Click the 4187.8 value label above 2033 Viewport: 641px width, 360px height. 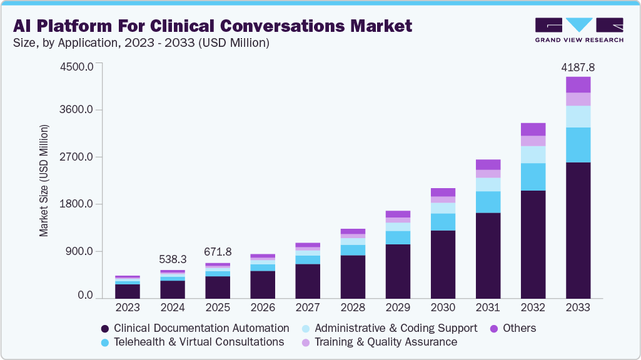578,67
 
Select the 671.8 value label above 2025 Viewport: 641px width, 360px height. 218,252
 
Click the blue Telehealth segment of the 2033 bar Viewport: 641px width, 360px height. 578,145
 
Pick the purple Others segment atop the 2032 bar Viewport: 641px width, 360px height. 533,129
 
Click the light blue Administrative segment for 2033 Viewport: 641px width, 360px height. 578,116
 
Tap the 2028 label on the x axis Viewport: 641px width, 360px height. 353,307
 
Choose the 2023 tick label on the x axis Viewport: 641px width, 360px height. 127,307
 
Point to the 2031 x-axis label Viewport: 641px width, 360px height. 488,307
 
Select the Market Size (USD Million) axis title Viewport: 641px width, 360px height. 44,181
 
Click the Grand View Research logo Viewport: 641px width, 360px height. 579,30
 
